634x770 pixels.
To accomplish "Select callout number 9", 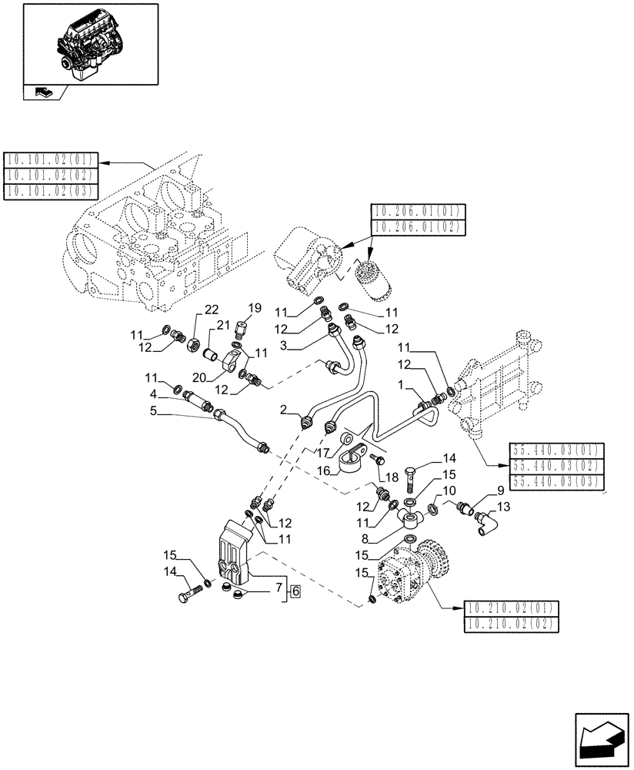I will tap(500, 490).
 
